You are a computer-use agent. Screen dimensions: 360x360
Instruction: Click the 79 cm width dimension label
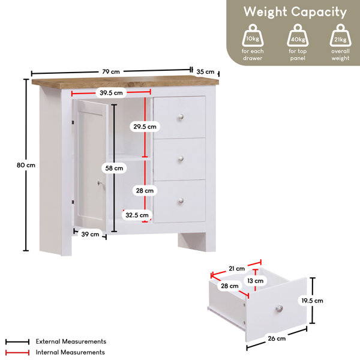pyautogui.click(x=111, y=71)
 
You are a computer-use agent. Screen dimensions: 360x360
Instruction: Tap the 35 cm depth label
pyautogui.click(x=205, y=71)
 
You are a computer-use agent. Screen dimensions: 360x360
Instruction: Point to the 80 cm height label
pyautogui.click(x=26, y=165)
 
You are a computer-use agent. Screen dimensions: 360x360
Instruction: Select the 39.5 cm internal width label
pyautogui.click(x=111, y=93)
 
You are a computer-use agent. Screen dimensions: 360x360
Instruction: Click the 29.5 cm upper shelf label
pyautogui.click(x=145, y=127)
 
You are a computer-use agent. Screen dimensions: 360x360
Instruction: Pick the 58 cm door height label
pyautogui.click(x=114, y=168)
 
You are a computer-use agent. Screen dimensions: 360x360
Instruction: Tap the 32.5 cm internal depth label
pyautogui.click(x=137, y=215)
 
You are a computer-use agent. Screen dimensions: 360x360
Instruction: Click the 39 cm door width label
pyautogui.click(x=90, y=234)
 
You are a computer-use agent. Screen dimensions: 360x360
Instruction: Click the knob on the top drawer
pyautogui.click(x=181, y=117)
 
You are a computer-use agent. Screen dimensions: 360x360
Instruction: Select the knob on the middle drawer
pyautogui.click(x=181, y=158)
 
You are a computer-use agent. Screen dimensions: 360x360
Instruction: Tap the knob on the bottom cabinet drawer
pyautogui.click(x=181, y=201)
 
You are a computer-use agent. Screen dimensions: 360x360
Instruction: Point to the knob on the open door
pyautogui.click(x=100, y=183)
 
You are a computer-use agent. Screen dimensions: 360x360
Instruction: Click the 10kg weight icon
pyautogui.click(x=253, y=35)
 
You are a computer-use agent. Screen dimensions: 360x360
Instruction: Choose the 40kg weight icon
pyautogui.click(x=298, y=35)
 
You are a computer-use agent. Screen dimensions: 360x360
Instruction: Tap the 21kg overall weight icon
pyautogui.click(x=340, y=35)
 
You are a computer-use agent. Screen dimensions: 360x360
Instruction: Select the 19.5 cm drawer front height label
pyautogui.click(x=312, y=301)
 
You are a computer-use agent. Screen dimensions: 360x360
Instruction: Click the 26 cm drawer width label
pyautogui.click(x=277, y=338)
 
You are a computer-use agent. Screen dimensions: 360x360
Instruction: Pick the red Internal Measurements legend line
pyautogui.click(x=17, y=352)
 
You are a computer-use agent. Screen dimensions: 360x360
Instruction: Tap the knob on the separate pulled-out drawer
pyautogui.click(x=279, y=309)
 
